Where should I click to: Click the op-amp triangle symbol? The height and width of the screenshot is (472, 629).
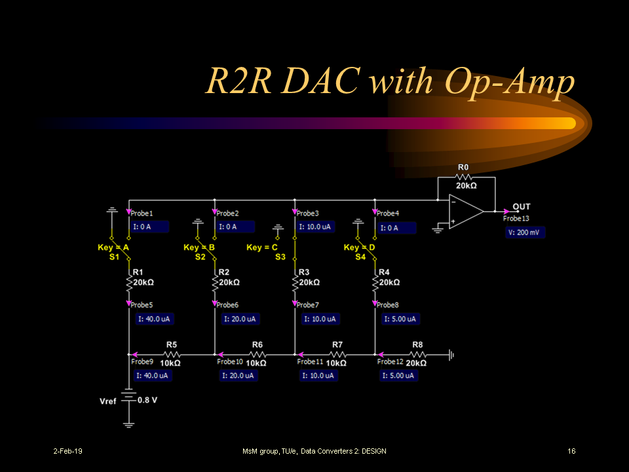click(x=465, y=212)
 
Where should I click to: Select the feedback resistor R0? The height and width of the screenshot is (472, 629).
click(x=463, y=177)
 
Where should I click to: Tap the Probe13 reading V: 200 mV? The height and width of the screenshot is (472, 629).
click(x=525, y=232)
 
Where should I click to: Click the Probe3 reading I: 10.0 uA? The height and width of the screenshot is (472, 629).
click(x=315, y=227)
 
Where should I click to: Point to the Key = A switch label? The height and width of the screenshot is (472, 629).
click(x=113, y=247)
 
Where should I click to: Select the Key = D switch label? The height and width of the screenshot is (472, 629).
click(x=360, y=247)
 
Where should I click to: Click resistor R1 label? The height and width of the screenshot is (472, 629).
click(x=138, y=272)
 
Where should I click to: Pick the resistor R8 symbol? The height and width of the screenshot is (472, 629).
click(x=417, y=355)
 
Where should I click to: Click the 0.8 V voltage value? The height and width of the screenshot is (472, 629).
click(x=147, y=400)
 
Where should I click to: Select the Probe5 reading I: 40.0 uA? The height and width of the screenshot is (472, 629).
click(x=155, y=319)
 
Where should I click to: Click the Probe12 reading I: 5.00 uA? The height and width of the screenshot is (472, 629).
click(x=400, y=376)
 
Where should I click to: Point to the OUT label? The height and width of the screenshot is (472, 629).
click(x=522, y=206)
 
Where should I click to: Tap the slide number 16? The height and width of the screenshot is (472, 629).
click(x=571, y=451)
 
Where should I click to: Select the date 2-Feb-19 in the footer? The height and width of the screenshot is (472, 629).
click(x=67, y=451)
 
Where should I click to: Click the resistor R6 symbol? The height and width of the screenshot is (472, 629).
click(x=256, y=355)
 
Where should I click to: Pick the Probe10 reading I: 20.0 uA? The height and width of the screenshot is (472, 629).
click(x=238, y=376)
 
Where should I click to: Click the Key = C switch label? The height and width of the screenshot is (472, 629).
click(x=262, y=247)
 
